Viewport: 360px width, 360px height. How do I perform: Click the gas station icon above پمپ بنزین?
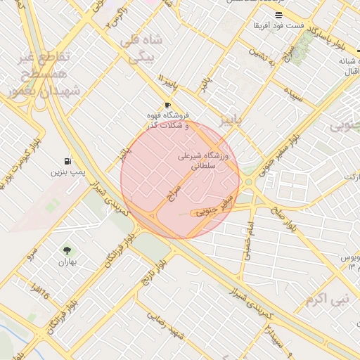tap(67, 161)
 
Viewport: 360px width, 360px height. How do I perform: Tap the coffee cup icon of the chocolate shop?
tap(167, 105)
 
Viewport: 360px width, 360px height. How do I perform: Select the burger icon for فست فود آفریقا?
tap(279, 15)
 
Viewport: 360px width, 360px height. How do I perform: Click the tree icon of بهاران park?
tap(67, 250)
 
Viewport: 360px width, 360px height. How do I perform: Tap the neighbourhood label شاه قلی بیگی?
tap(143, 48)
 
